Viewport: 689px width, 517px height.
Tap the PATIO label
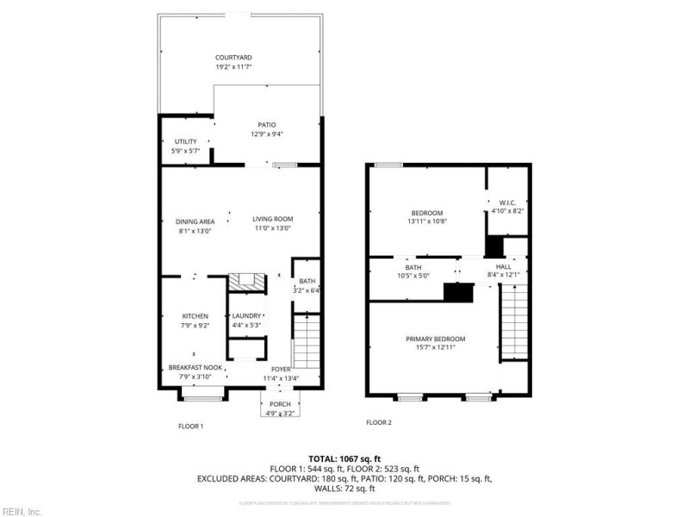coord(266,125)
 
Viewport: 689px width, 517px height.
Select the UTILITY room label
coord(185,141)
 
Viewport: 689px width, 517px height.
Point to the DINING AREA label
coord(195,221)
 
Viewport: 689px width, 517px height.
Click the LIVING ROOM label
coord(272,219)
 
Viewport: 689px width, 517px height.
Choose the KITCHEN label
coord(195,316)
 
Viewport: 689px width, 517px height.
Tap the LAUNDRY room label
coord(246,316)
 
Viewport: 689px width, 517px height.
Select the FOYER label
coord(280,368)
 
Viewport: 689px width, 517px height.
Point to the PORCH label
coord(280,404)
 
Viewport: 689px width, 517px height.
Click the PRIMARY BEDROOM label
coord(435,339)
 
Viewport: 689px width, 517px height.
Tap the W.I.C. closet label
coord(506,204)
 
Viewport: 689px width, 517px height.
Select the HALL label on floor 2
coord(504,267)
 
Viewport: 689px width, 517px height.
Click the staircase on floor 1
coord(307,342)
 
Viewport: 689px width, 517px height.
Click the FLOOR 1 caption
coord(190,427)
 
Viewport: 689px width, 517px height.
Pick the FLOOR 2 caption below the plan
coord(378,422)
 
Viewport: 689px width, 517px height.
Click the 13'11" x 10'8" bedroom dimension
coord(426,221)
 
